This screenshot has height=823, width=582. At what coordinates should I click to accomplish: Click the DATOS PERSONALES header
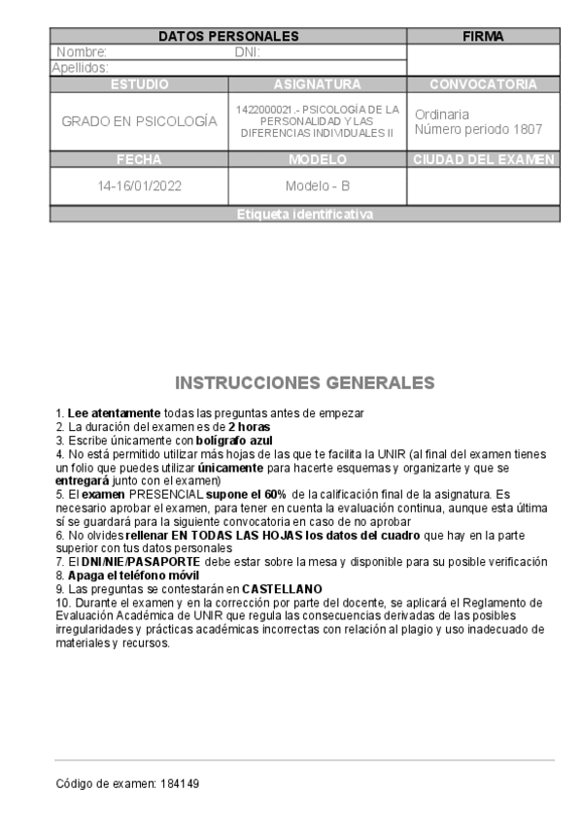point(228,36)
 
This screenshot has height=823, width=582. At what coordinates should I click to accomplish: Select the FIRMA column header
point(483,36)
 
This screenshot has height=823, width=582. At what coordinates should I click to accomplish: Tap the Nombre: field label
point(82,52)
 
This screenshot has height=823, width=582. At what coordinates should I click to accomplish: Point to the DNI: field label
point(248,52)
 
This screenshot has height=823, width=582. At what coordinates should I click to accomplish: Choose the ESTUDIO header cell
point(139,84)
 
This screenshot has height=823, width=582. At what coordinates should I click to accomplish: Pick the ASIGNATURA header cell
point(318,84)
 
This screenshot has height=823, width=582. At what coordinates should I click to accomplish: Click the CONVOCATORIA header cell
point(483,84)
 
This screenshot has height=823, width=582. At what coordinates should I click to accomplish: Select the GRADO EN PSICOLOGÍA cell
point(139,122)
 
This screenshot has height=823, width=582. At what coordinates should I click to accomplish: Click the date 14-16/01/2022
point(139,185)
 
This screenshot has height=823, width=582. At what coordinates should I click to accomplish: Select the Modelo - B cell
point(318,185)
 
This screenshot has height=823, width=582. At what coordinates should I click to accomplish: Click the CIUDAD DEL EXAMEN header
point(483,159)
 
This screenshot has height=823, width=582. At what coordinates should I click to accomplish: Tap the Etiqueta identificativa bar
point(304,214)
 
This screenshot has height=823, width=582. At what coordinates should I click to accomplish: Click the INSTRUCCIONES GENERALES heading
point(304,381)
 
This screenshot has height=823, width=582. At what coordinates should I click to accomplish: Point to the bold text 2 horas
point(250,427)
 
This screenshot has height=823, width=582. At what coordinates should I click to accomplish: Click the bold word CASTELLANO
point(282,588)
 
